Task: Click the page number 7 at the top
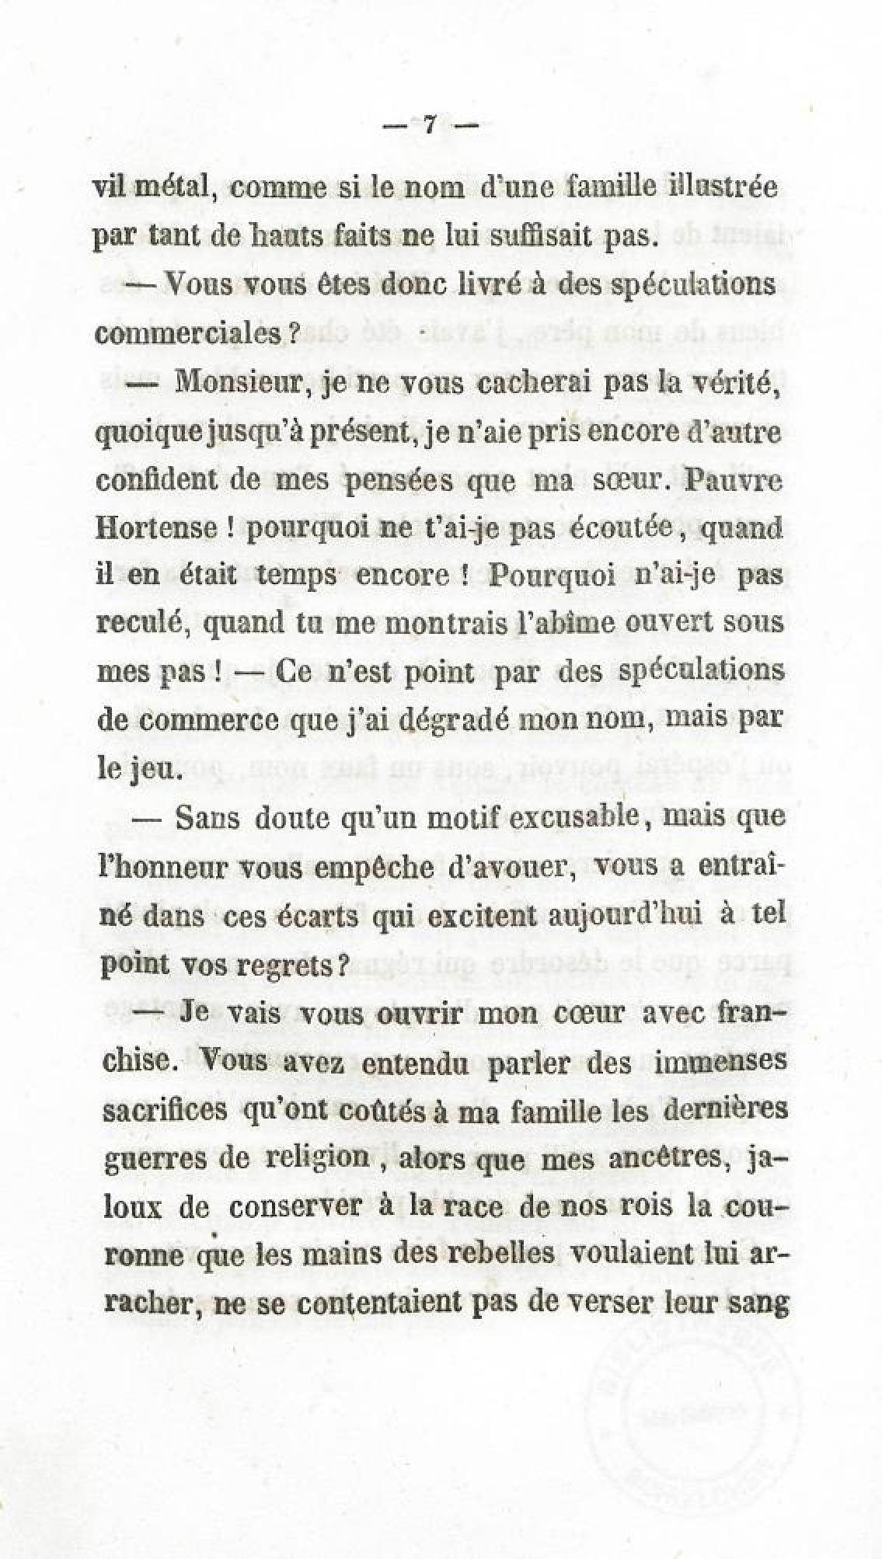(x=428, y=125)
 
